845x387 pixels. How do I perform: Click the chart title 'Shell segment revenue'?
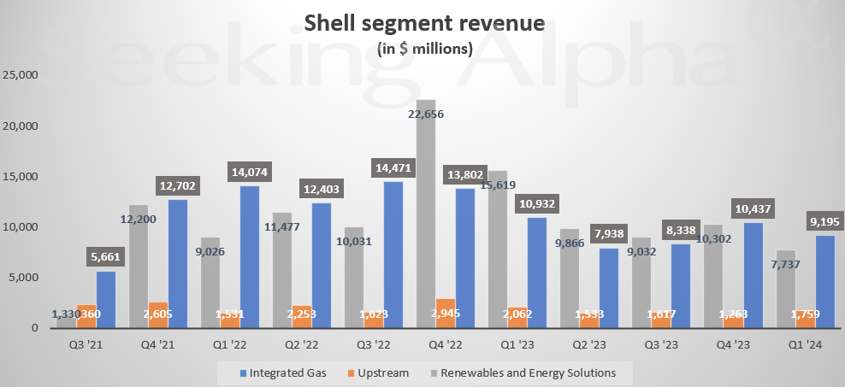pyautogui.click(x=424, y=23)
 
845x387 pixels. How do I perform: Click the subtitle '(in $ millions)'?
pyautogui.click(x=425, y=49)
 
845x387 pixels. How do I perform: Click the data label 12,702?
pyautogui.click(x=179, y=185)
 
